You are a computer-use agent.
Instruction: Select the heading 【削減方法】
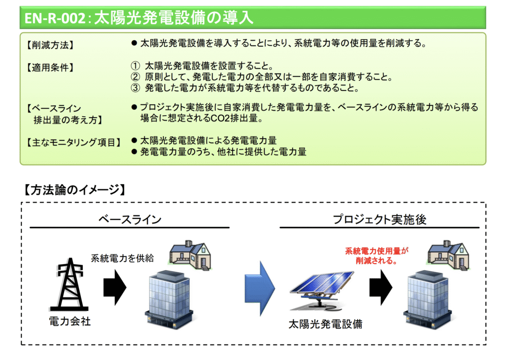click(x=50, y=46)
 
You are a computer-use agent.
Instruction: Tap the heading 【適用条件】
click(x=50, y=68)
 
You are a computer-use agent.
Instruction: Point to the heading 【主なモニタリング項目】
click(x=73, y=143)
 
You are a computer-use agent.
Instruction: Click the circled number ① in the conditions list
click(x=135, y=66)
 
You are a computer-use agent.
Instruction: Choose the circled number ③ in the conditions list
click(x=135, y=88)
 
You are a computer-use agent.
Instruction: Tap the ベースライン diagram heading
click(x=129, y=219)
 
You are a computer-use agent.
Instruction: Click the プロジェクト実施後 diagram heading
click(x=380, y=219)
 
